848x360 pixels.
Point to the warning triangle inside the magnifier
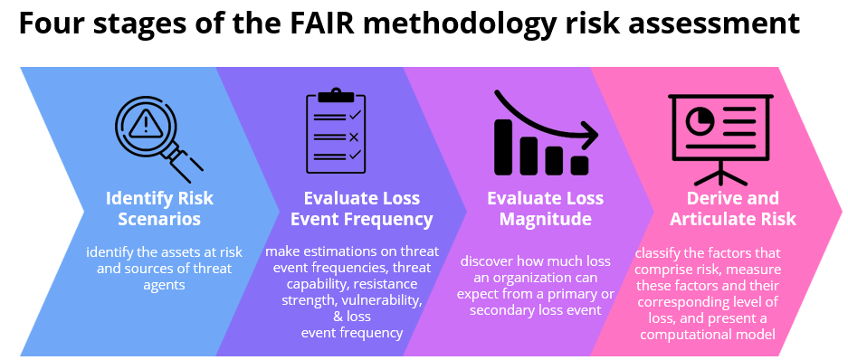144,121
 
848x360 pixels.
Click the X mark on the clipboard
354,137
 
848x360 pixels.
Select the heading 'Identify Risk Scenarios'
159,208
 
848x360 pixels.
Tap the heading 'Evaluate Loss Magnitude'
545,208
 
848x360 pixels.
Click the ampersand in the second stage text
338,317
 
